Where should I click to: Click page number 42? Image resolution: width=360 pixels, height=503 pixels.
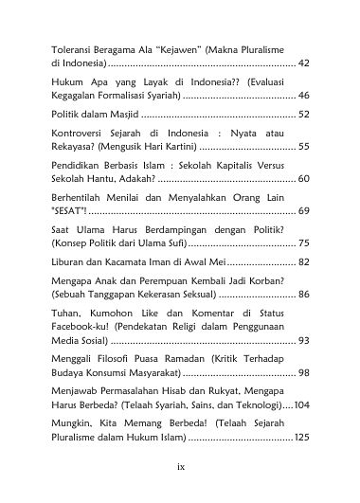(x=303, y=63)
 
